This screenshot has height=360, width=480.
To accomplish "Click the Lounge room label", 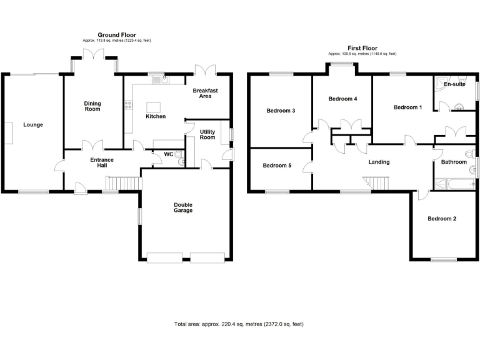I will click(33, 124).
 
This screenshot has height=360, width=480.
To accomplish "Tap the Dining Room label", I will click(92, 106).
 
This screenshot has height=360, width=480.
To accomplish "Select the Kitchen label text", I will click(156, 117).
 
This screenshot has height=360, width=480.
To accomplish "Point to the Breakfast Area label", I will click(205, 94).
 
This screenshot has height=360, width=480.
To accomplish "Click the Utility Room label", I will click(207, 134).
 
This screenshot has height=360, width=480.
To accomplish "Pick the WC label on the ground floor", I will click(168, 154).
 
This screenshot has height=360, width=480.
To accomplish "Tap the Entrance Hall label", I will click(102, 163).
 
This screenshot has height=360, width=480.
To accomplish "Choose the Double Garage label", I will click(183, 207).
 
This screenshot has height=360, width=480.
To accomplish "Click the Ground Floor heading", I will click(117, 35).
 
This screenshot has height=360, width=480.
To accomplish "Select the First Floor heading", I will click(362, 47).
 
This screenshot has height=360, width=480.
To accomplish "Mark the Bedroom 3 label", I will click(281, 111).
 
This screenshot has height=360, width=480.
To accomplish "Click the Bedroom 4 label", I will click(342, 99).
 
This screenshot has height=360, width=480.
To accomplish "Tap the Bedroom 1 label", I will click(407, 107).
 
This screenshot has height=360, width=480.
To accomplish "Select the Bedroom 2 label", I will click(441, 219).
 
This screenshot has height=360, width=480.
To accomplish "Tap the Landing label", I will click(379, 162).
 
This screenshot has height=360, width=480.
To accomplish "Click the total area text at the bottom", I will click(239, 324).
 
